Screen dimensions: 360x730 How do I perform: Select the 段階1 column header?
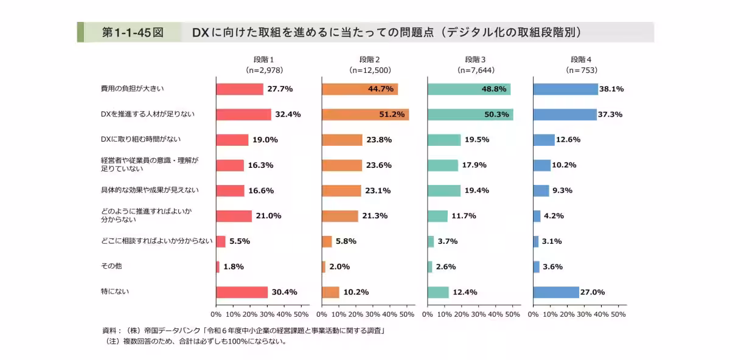[x=264, y=60]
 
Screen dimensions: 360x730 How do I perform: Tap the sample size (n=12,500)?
[x=370, y=71]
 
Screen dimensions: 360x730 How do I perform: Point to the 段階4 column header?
[x=581, y=60]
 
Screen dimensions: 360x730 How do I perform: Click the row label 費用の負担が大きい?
[x=133, y=89]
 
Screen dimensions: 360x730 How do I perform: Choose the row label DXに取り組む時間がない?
[x=140, y=139]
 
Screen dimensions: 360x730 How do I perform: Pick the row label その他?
[x=111, y=266]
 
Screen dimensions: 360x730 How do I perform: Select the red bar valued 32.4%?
[x=243, y=114]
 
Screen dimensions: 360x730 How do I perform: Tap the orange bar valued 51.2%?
[x=365, y=114]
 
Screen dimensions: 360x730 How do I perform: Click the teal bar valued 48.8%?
[x=468, y=89]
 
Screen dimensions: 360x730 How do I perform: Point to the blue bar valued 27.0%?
[x=555, y=292]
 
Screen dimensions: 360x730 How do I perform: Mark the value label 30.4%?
[x=284, y=292]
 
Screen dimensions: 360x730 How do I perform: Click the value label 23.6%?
[x=379, y=165]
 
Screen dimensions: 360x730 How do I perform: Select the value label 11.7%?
[x=464, y=216]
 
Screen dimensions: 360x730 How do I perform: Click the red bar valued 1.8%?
[x=218, y=266]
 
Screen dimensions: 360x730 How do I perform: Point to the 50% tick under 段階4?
[x=618, y=314]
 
